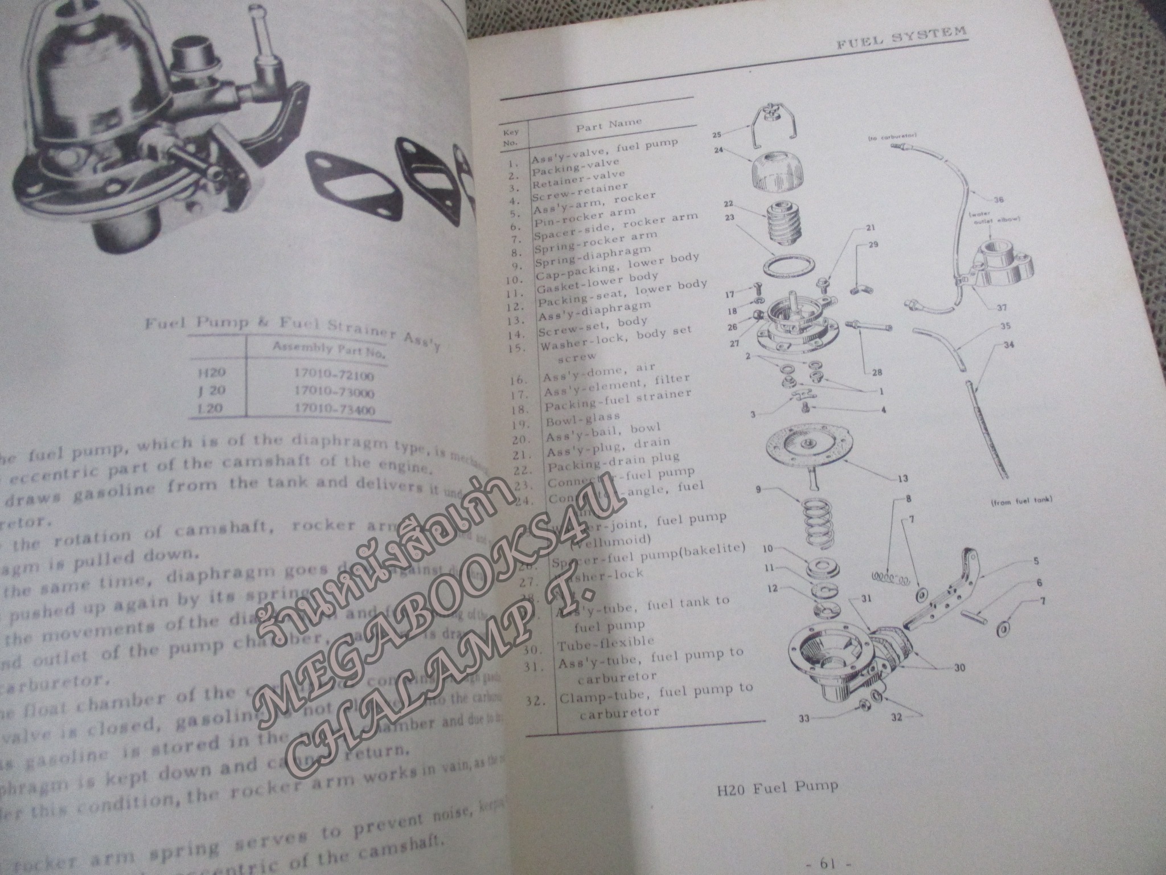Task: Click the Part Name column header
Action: pyautogui.click(x=609, y=124)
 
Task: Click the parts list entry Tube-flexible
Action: pyautogui.click(x=606, y=642)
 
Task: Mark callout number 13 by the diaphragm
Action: pyautogui.click(x=903, y=478)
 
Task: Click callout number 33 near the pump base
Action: pyautogui.click(x=804, y=718)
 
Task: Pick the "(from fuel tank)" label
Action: pyautogui.click(x=1021, y=501)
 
